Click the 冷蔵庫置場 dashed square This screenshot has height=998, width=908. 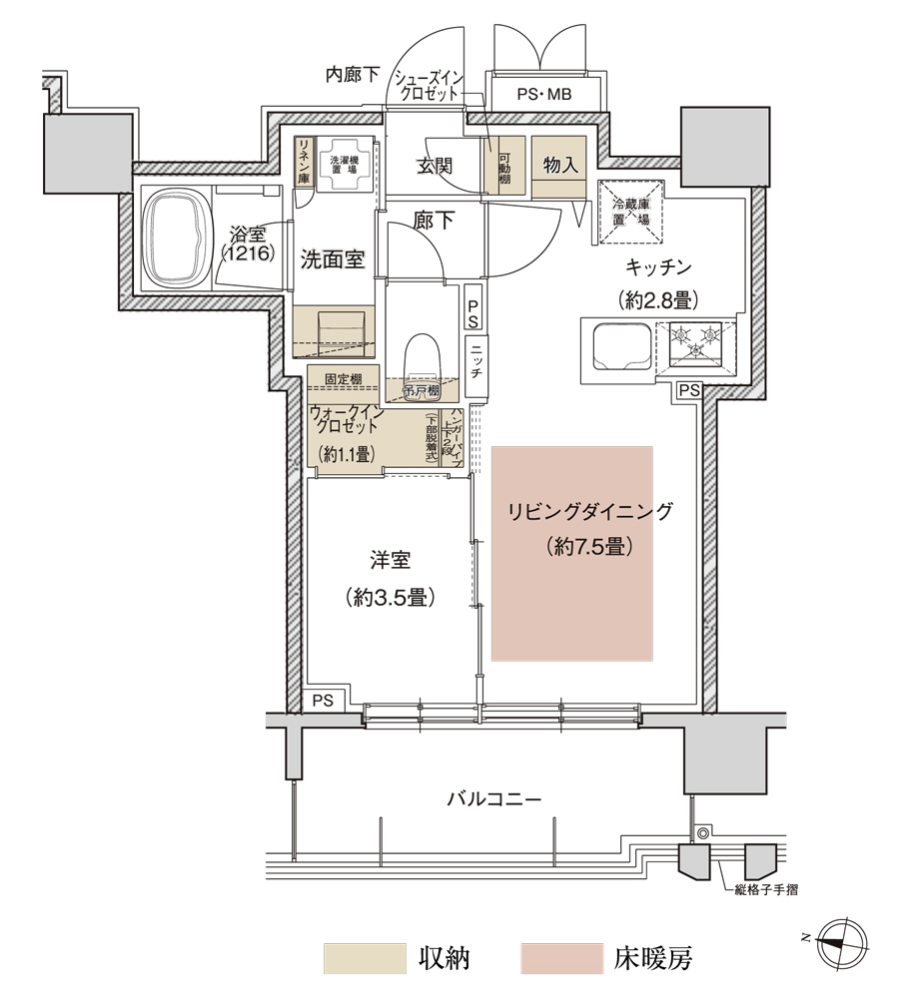[631, 211]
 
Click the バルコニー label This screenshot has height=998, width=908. [493, 799]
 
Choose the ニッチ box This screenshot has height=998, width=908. [476, 365]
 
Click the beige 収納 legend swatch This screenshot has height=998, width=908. [365, 959]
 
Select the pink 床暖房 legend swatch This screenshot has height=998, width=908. [561, 959]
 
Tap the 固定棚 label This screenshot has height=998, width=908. [343, 379]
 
